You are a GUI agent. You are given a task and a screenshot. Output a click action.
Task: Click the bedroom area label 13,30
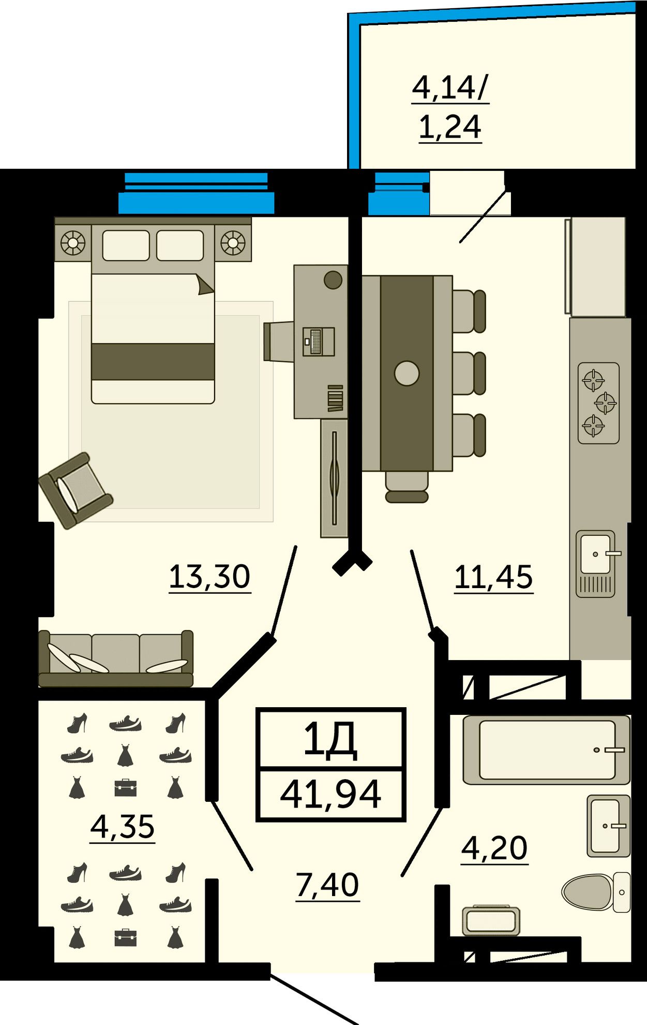pyautogui.click(x=209, y=577)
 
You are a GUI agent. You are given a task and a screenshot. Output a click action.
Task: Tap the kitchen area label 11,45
pyautogui.click(x=493, y=577)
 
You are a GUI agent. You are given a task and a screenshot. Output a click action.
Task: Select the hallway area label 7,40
pyautogui.click(x=327, y=885)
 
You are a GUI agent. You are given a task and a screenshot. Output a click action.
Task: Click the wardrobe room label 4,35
pyautogui.click(x=123, y=826)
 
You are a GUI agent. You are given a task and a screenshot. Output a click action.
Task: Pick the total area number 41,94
pyautogui.click(x=330, y=795)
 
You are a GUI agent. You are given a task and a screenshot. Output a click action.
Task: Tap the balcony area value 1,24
pyautogui.click(x=450, y=127)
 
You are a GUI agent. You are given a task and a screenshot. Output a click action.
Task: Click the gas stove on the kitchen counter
pyautogui.click(x=598, y=403)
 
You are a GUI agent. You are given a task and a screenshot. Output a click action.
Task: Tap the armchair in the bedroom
pyautogui.click(x=76, y=490)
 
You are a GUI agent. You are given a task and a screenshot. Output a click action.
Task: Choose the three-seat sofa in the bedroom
pyautogui.click(x=116, y=658)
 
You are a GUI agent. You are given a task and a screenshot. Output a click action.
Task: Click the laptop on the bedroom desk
pyautogui.click(x=319, y=342)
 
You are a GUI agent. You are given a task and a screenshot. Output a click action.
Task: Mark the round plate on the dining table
pyautogui.click(x=407, y=373)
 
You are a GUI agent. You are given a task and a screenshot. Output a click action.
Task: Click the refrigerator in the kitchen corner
pyautogui.click(x=595, y=267)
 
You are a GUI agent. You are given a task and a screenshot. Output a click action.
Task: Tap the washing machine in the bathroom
pyautogui.click(x=491, y=920)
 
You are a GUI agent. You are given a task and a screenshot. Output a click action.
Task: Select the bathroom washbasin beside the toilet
pyautogui.click(x=609, y=826)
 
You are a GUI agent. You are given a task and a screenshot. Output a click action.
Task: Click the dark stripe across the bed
pyautogui.click(x=153, y=361)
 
